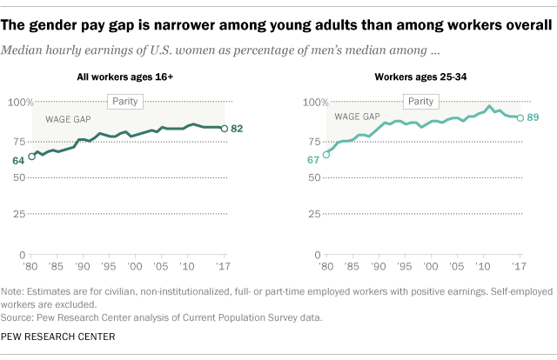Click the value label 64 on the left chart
point(18,161)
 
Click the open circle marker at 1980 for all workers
point(32,157)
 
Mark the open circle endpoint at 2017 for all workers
point(225,129)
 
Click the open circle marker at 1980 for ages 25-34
point(326,155)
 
